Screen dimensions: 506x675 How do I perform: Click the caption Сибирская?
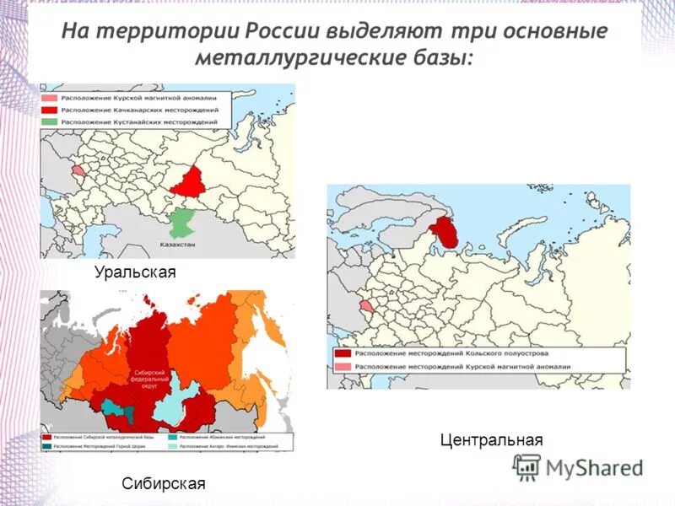pyautogui.click(x=164, y=484)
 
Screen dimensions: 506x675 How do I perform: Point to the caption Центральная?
pyautogui.click(x=491, y=440)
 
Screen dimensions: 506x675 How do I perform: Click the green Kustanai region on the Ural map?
pyautogui.click(x=180, y=223)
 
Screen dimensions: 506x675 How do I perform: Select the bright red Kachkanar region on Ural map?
pyautogui.click(x=189, y=181)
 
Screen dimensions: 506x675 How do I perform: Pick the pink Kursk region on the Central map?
pyautogui.click(x=365, y=306)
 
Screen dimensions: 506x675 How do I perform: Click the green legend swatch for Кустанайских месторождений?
pyautogui.click(x=48, y=122)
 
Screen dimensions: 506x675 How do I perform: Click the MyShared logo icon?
pyautogui.click(x=528, y=466)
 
